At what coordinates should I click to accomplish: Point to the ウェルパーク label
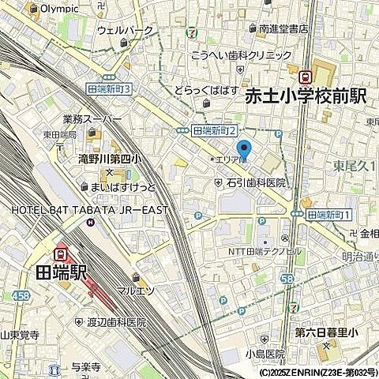tap(123, 30)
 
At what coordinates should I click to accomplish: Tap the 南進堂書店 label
tap(283, 29)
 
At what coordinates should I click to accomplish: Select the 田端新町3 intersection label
tap(113, 89)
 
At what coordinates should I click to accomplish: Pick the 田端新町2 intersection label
tap(216, 130)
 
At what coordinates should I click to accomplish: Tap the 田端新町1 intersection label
tap(329, 214)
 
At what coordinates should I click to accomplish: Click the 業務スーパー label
tap(92, 119)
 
